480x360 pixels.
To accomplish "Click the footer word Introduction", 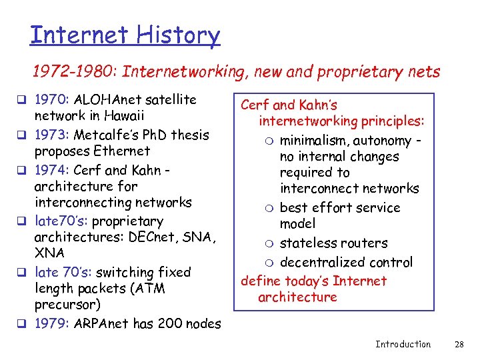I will click(x=403, y=344).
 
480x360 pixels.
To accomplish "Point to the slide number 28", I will click(x=459, y=344).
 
